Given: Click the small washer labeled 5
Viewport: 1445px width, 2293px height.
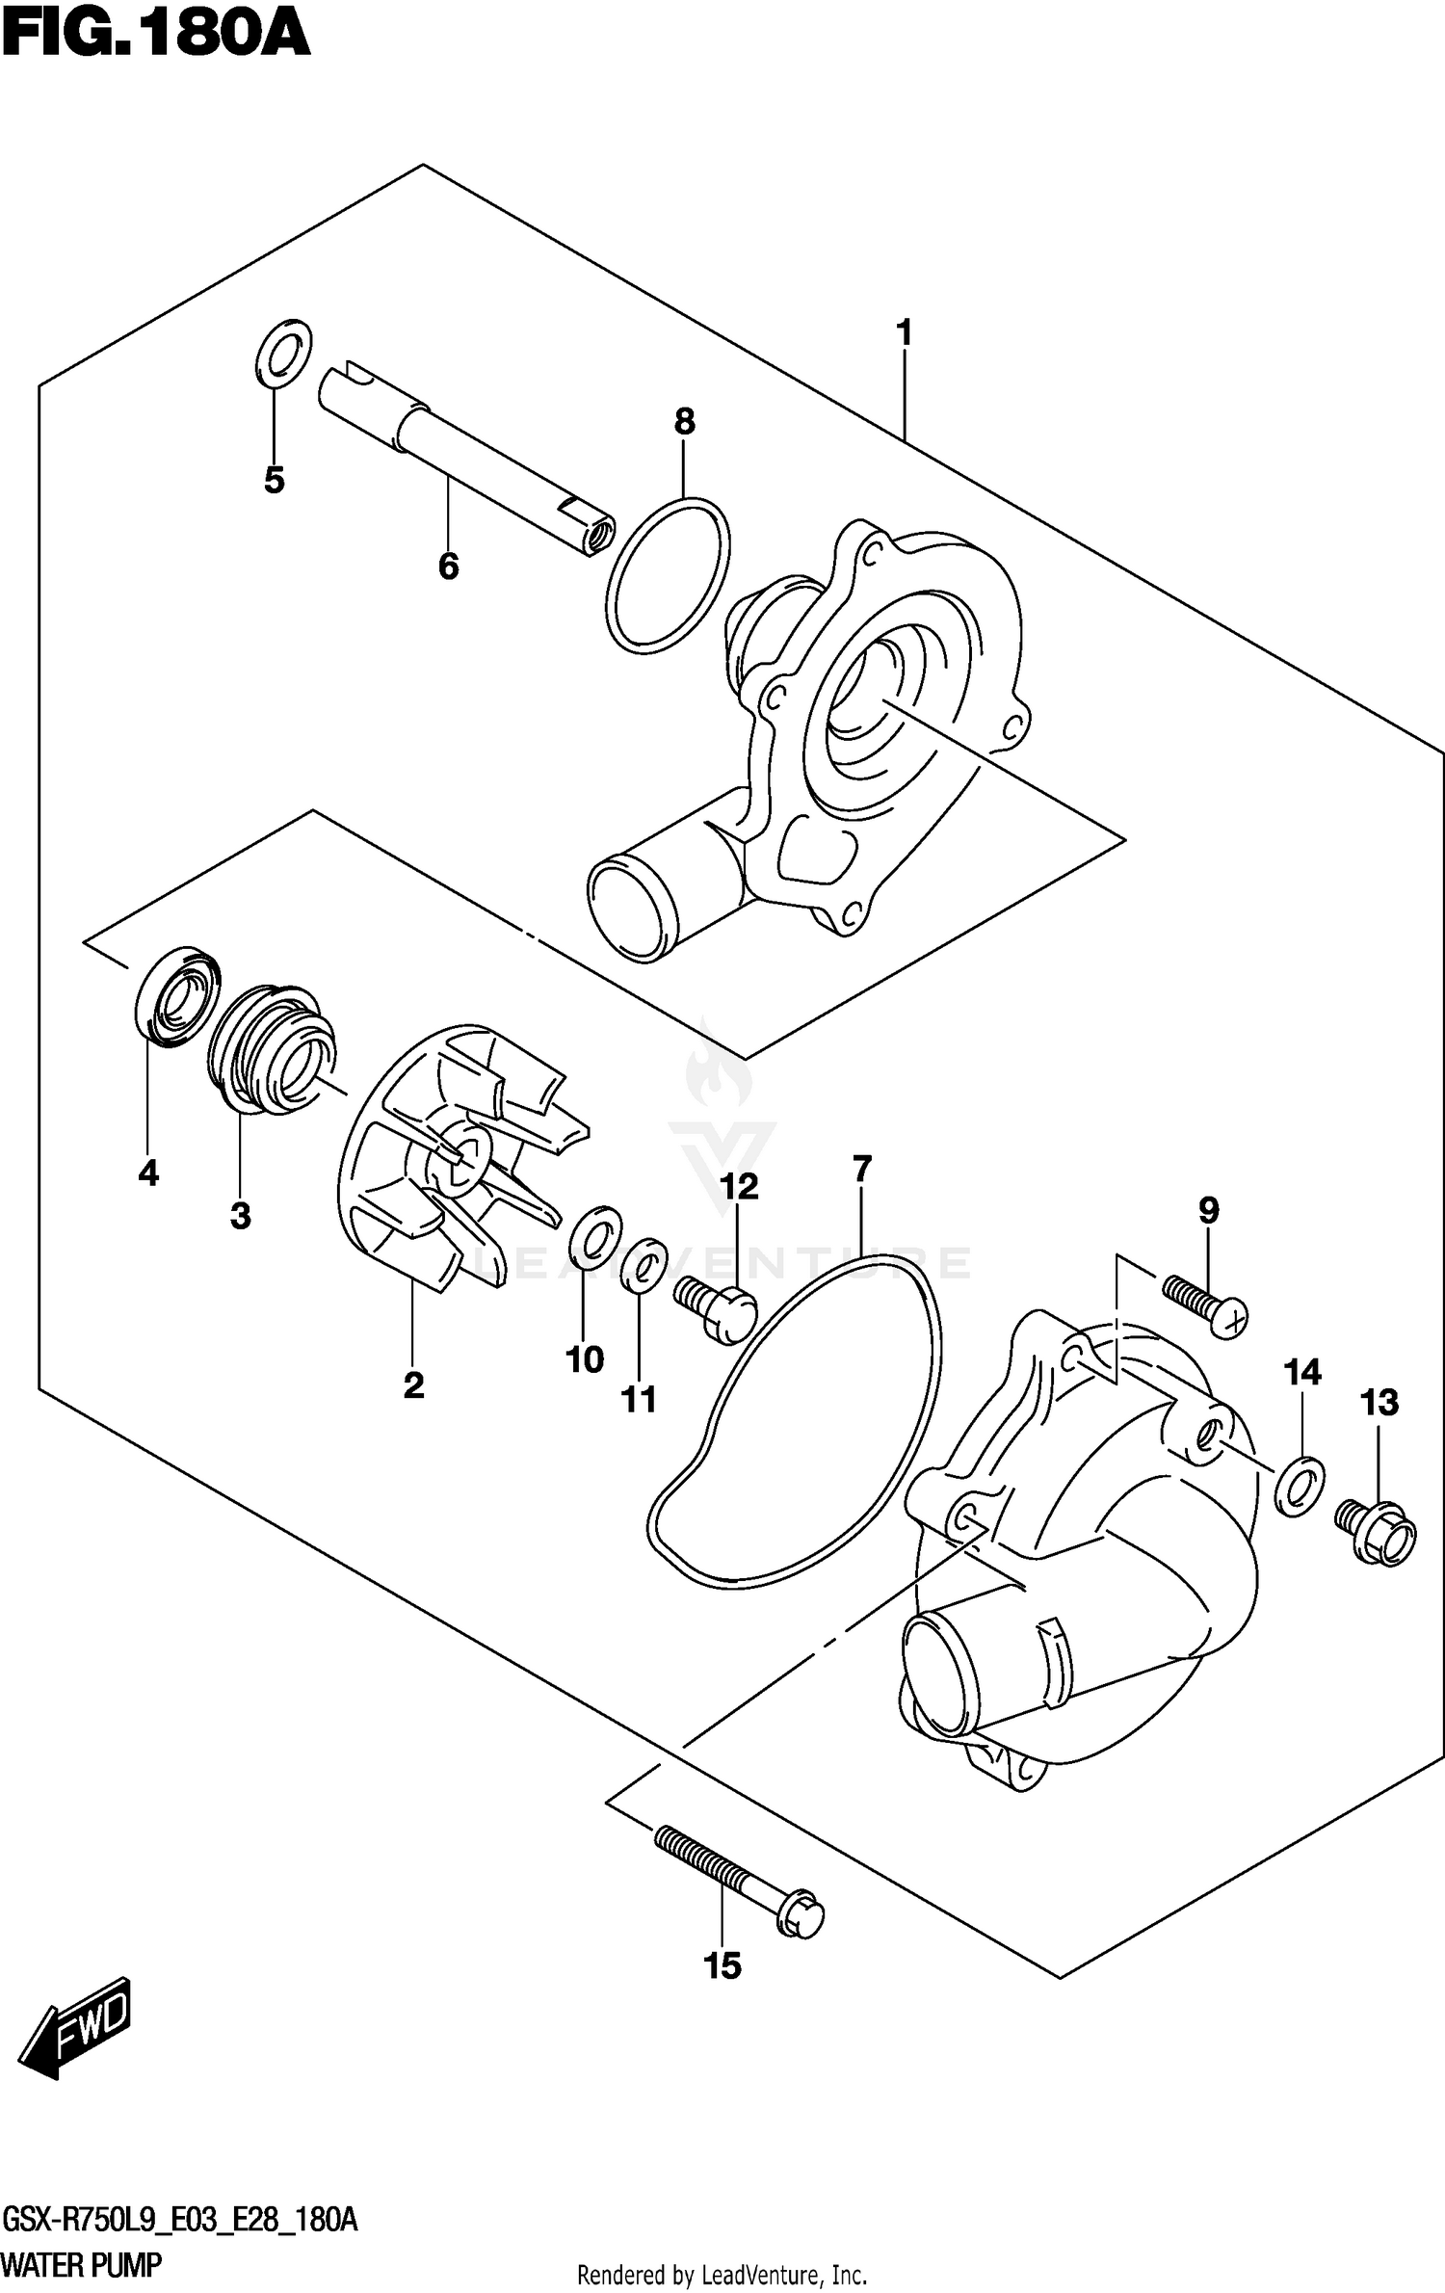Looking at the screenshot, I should coord(283,355).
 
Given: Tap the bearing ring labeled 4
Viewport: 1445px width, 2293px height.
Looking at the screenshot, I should coord(176,997).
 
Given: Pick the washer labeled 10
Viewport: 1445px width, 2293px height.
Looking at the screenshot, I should coord(595,1235).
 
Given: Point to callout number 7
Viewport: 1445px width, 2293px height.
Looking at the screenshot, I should coord(862,1169).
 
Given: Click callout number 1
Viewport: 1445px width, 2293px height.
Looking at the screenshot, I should coord(904,333).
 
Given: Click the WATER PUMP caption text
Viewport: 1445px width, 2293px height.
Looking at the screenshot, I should coord(83,2264).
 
